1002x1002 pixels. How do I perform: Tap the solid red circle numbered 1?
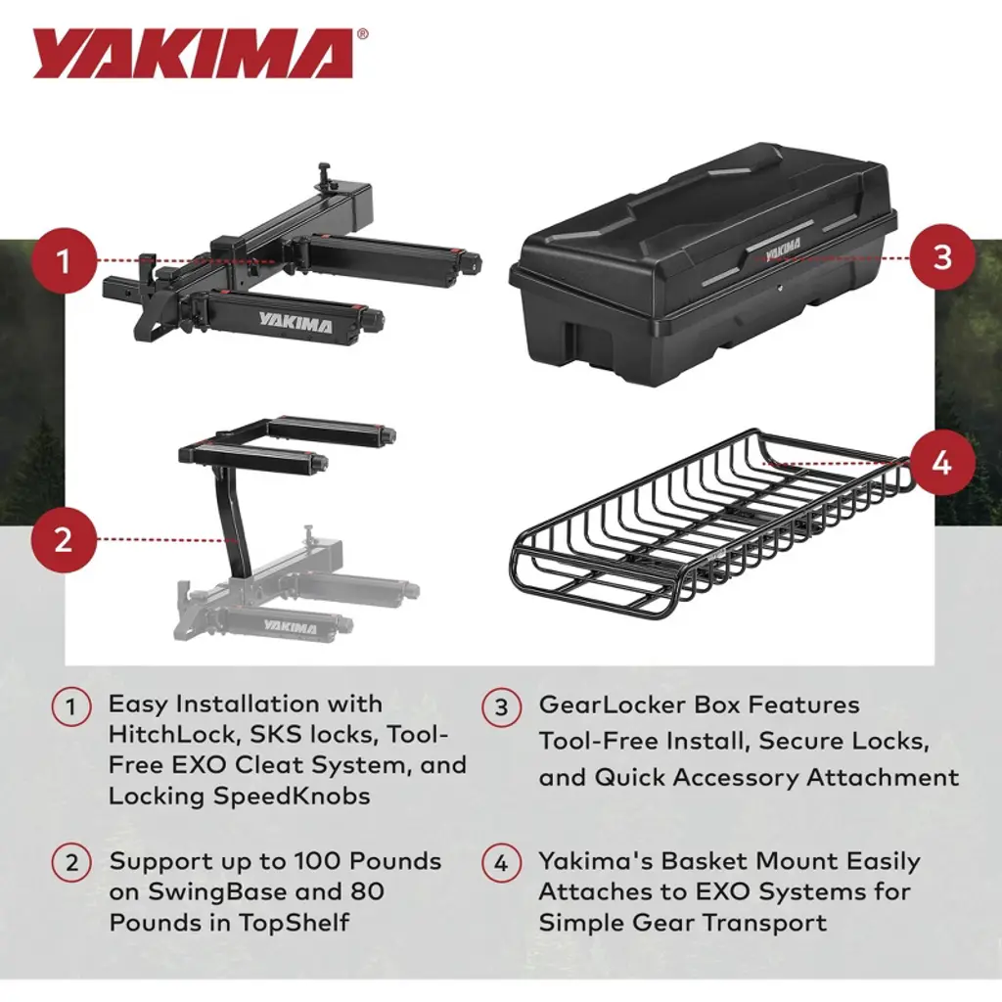pyautogui.click(x=63, y=260)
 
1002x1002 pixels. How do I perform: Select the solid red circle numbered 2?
pyautogui.click(x=63, y=540)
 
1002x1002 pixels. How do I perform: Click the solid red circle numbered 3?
pyautogui.click(x=942, y=257)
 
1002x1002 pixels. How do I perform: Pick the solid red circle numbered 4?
pyautogui.click(x=942, y=461)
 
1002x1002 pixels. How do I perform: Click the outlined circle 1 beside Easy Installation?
pyautogui.click(x=70, y=707)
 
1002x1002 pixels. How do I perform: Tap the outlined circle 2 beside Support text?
pyautogui.click(x=70, y=863)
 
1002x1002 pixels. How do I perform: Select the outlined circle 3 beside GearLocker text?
pyautogui.click(x=502, y=707)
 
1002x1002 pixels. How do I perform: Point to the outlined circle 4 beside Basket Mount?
pyautogui.click(x=502, y=863)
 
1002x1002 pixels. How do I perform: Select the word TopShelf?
pyautogui.click(x=294, y=923)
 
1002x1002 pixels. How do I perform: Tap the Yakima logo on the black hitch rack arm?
pyautogui.click(x=296, y=323)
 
